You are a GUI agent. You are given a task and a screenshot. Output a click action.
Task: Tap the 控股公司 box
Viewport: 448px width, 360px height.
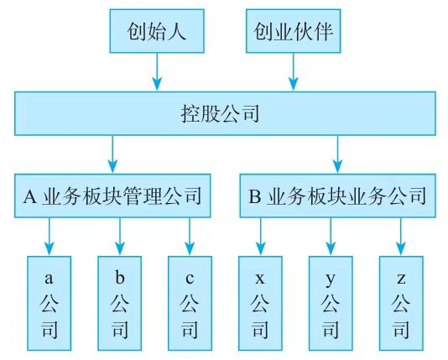225,112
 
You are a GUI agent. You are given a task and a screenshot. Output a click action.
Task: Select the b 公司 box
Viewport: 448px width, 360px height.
119,300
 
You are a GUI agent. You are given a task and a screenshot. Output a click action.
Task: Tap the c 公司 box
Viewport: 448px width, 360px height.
190,300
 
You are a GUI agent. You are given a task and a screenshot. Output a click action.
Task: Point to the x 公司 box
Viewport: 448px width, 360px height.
260,300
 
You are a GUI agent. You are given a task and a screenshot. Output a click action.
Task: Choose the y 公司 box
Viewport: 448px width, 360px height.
331,300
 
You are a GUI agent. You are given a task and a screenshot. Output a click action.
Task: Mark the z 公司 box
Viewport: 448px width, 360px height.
401,300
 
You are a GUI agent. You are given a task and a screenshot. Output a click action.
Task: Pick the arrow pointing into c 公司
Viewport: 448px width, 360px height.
190,237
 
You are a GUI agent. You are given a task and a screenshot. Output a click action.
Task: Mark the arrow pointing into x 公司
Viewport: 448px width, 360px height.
260,237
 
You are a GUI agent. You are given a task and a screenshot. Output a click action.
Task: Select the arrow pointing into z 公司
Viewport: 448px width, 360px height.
401,237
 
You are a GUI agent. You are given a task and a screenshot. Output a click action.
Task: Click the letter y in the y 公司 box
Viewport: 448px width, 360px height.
331,276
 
